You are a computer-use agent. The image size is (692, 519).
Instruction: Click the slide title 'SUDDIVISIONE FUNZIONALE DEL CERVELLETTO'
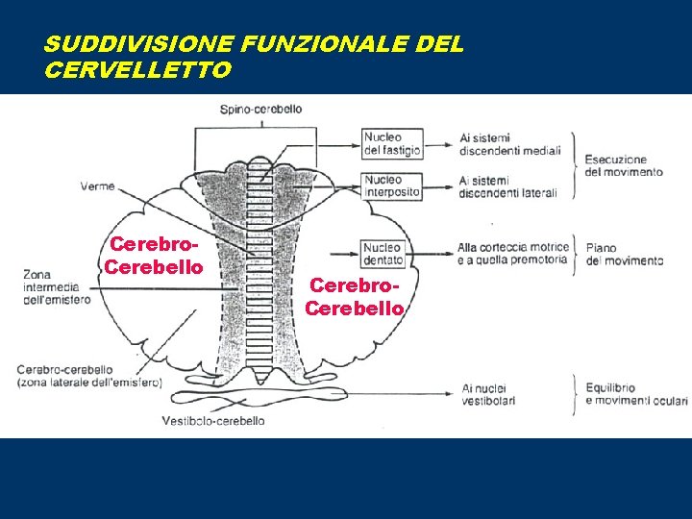click(254, 57)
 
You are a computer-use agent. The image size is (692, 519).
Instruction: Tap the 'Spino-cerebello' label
click(260, 110)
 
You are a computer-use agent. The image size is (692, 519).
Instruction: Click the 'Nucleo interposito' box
click(392, 185)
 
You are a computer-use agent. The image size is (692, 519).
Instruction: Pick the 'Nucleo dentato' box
click(383, 254)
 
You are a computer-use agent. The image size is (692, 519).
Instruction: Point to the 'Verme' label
click(97, 186)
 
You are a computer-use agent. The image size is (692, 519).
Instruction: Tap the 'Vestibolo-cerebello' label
click(213, 420)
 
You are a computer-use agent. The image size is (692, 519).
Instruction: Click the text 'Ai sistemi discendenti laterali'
click(507, 186)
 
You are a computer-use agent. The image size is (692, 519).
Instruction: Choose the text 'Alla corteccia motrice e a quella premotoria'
click(511, 253)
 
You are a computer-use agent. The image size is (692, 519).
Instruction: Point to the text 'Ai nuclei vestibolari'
click(488, 394)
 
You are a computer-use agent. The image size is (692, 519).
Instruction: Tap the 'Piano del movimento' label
click(625, 254)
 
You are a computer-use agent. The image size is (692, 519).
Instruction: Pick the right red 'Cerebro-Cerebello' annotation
click(355, 298)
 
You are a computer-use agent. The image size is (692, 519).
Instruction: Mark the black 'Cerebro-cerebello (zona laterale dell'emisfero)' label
click(89, 375)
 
